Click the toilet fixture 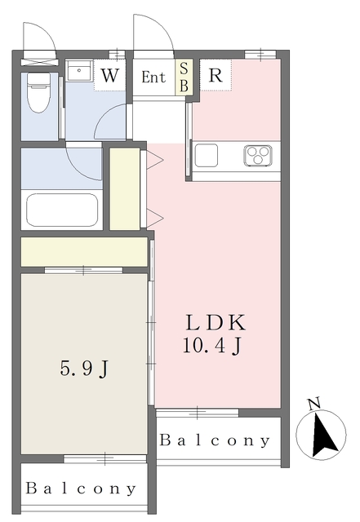38,92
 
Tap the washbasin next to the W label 79,71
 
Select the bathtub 62,210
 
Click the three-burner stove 258,156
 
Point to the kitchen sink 207,156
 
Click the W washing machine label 109,76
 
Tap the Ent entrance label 153,77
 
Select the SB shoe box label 184,77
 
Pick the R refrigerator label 216,75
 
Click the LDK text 216,322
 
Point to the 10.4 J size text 211,346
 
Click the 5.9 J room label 84,369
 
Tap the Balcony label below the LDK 215,440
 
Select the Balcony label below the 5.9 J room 81,489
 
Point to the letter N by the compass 314,404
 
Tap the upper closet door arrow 155,160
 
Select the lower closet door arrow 155,218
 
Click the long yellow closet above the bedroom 84,252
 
